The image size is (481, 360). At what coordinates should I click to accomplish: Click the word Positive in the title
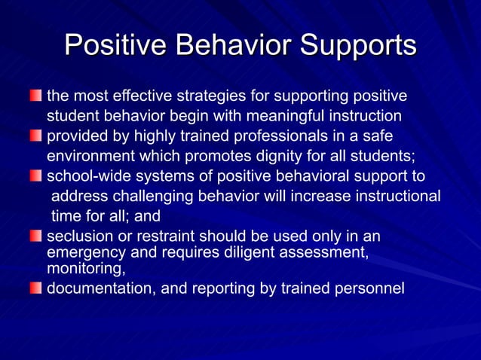[x=115, y=45]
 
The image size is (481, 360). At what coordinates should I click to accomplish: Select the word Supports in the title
[x=358, y=45]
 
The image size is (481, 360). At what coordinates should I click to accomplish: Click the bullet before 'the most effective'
[x=36, y=96]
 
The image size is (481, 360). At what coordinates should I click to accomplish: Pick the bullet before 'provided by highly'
[x=36, y=136]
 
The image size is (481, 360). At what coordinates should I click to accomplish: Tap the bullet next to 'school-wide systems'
[x=36, y=176]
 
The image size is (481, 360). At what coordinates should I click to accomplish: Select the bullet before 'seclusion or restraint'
[x=36, y=236]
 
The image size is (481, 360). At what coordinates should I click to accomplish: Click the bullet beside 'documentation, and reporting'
[x=36, y=287]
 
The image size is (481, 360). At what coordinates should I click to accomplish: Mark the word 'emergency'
[x=81, y=252]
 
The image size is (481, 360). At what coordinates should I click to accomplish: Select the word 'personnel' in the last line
[x=371, y=287]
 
